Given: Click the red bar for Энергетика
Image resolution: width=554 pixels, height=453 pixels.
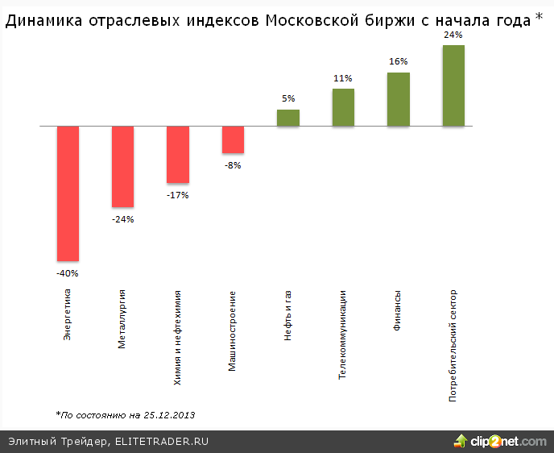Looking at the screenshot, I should [68, 193].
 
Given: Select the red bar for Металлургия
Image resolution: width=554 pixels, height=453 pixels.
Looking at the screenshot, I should [122, 167].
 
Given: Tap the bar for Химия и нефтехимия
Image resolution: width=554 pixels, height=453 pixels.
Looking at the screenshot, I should [177, 155].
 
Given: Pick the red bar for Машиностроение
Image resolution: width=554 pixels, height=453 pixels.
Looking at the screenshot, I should [233, 139].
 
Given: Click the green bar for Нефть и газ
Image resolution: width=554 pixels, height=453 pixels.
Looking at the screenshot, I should [288, 118].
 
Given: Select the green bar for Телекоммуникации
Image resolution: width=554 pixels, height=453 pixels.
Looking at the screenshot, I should [343, 107].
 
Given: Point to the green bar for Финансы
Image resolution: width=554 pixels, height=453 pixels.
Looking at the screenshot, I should [399, 99].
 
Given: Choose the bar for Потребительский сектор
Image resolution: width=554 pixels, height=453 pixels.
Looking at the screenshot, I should [453, 85].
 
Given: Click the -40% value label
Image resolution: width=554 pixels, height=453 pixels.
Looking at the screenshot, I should [68, 273].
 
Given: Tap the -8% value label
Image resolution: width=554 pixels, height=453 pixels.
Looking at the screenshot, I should [233, 165].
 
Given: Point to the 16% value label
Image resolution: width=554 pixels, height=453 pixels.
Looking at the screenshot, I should [399, 61].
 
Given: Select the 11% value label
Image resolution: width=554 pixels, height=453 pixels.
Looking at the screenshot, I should [343, 78].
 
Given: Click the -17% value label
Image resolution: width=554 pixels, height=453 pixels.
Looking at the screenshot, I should [177, 195].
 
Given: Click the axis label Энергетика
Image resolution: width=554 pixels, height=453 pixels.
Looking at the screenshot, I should [68, 314].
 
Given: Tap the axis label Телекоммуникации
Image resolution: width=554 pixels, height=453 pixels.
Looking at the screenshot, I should [343, 334].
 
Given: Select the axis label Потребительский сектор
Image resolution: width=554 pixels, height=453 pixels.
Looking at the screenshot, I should [453, 345].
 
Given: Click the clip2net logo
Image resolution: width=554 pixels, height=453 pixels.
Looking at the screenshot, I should [500, 441].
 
